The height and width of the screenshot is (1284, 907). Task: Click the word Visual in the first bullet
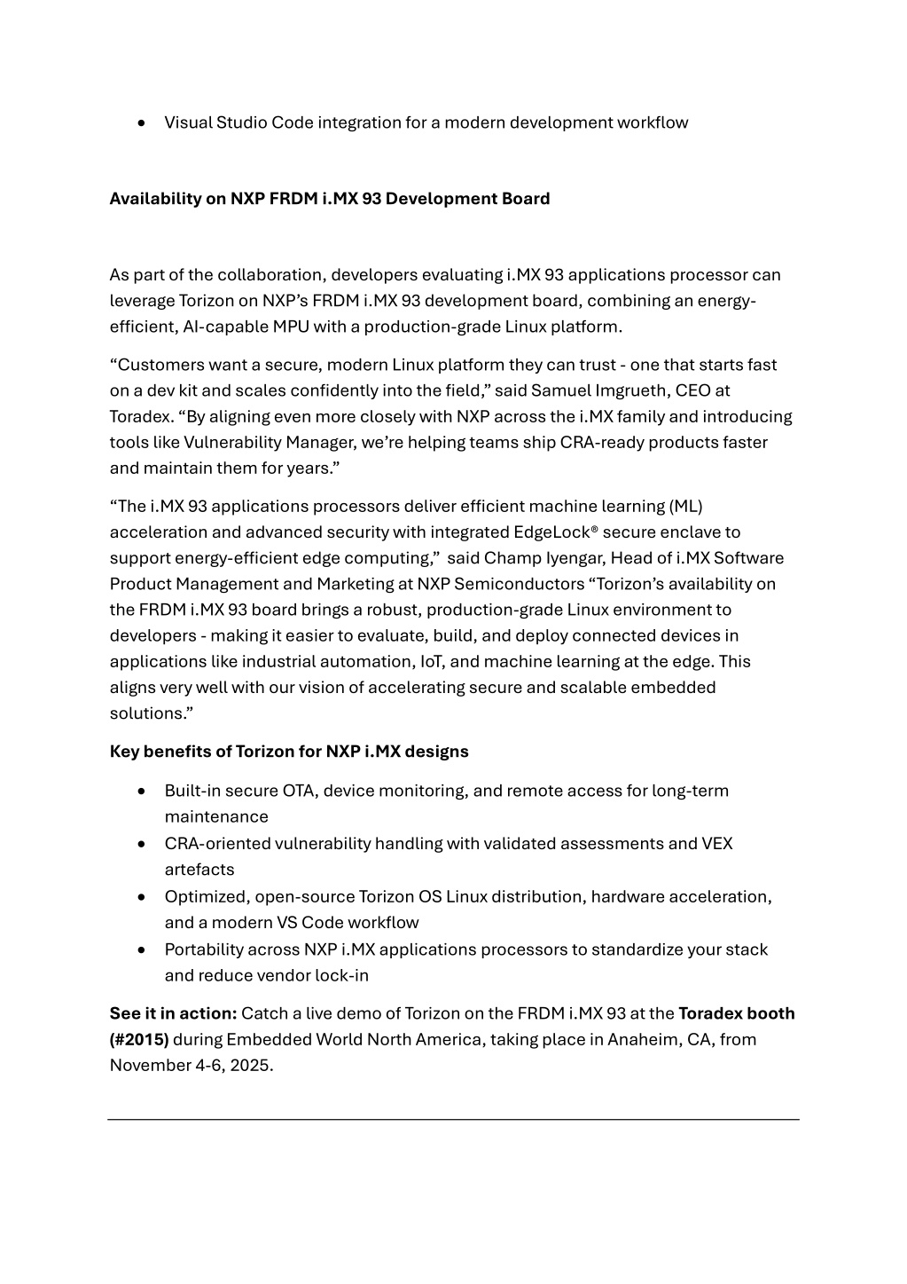(x=188, y=122)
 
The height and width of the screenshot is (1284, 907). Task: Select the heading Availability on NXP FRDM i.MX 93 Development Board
(x=329, y=199)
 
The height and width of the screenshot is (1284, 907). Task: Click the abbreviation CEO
(x=693, y=390)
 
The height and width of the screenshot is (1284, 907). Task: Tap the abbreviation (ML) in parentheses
(x=686, y=507)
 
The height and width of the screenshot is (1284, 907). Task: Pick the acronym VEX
(x=717, y=844)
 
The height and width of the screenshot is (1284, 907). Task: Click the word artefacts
(x=199, y=870)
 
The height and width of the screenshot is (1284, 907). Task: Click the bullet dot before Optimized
(x=142, y=897)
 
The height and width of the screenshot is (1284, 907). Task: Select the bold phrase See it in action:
(x=173, y=1013)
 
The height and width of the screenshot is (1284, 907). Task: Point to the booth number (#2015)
(x=139, y=1039)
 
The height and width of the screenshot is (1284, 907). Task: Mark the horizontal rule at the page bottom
(x=453, y=1120)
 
